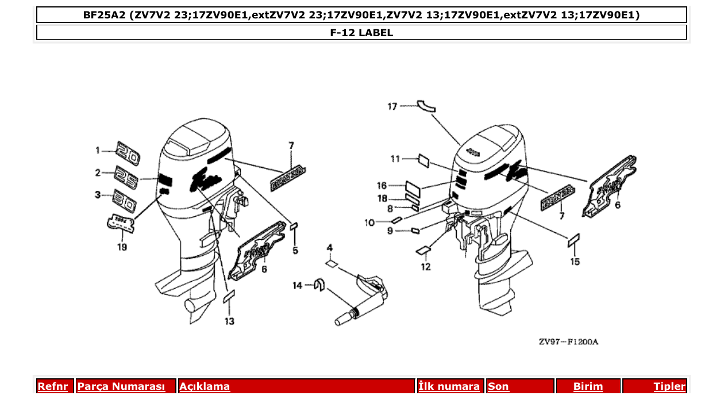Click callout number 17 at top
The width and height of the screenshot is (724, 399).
[x=392, y=106]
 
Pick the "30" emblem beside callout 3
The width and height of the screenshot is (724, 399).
[x=125, y=201]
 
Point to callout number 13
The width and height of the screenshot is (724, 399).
[x=229, y=321]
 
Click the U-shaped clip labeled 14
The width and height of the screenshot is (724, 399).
[x=319, y=285]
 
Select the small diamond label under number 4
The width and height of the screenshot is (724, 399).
[x=331, y=264]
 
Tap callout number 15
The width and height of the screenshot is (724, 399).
[x=575, y=262]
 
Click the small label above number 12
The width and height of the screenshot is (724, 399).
[x=423, y=250]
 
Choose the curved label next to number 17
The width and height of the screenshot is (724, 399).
[x=426, y=105]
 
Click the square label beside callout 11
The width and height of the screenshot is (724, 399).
[x=424, y=159]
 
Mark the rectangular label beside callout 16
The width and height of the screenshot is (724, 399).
[x=413, y=187]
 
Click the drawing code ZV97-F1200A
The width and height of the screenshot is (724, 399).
[x=568, y=342]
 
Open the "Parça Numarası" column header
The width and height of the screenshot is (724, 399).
[x=121, y=386]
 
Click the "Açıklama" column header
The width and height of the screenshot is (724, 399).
[x=205, y=386]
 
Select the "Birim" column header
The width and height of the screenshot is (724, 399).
[x=588, y=386]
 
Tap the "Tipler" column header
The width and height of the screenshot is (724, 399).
[x=669, y=386]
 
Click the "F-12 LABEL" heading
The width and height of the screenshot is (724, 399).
[x=361, y=33]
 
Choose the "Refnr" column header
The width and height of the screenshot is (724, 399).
[x=52, y=386]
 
